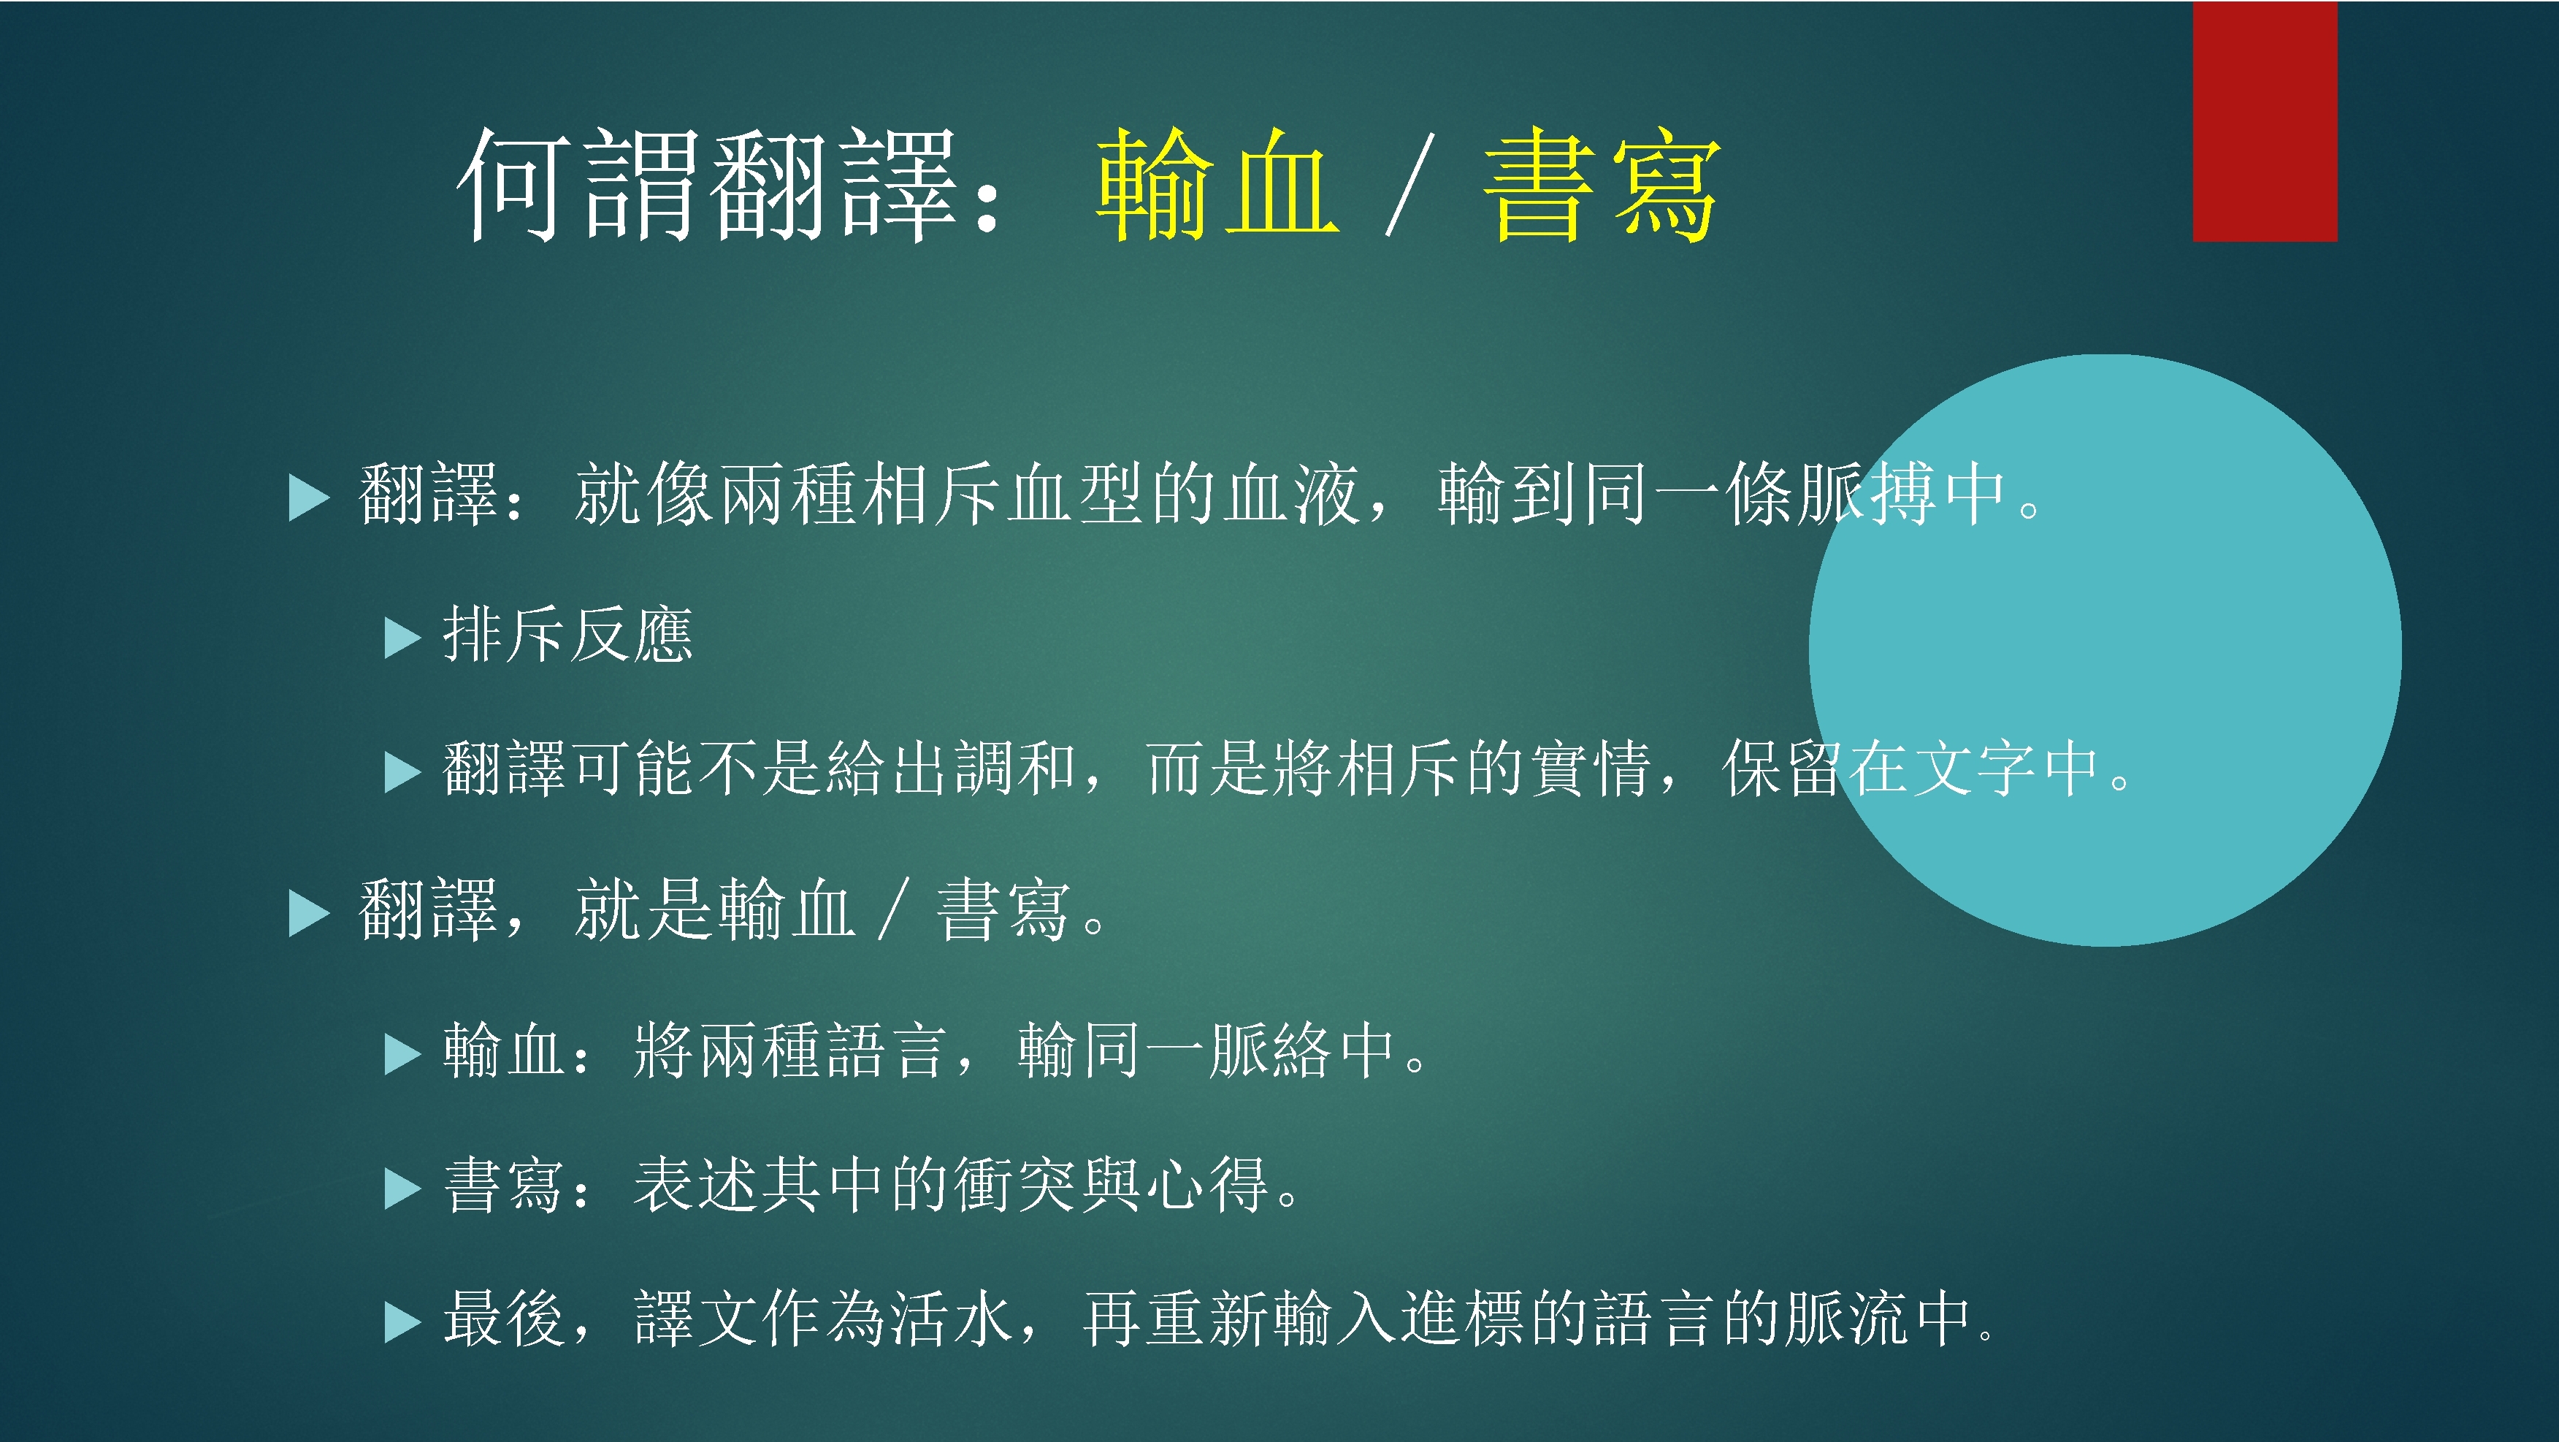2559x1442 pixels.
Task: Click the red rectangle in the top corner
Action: pos(2264,121)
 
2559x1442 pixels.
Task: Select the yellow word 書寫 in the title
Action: pos(1602,186)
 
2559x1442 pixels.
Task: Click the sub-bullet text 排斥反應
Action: pos(567,634)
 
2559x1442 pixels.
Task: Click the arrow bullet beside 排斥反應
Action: pos(402,638)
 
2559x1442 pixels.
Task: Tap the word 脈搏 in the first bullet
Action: pos(1867,494)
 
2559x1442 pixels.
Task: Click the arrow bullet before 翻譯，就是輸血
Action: pos(308,913)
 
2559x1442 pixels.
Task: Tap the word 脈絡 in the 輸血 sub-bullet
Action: pos(1271,1050)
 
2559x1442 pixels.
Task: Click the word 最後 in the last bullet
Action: pos(505,1319)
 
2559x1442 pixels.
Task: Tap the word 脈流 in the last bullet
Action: pos(1847,1319)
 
